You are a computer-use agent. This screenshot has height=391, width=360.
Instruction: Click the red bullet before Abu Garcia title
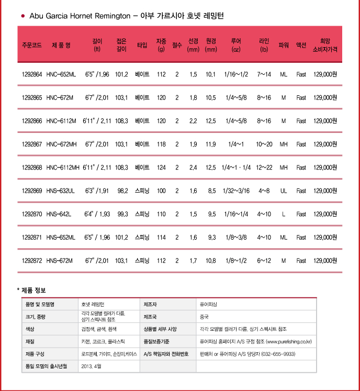(x=22, y=16)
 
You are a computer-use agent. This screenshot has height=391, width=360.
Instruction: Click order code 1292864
(x=32, y=74)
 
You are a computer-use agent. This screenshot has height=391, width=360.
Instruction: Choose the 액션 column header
(x=301, y=46)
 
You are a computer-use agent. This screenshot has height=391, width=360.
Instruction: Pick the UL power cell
(x=284, y=191)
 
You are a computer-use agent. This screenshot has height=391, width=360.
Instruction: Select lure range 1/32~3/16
(x=236, y=191)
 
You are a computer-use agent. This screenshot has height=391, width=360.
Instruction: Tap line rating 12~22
(x=264, y=167)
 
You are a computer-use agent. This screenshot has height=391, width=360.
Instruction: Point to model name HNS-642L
(x=59, y=214)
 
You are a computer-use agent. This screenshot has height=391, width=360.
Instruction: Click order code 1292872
(x=32, y=261)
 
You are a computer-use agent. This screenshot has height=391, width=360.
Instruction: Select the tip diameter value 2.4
(x=193, y=167)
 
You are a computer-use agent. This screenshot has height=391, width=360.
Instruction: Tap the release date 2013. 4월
(x=91, y=366)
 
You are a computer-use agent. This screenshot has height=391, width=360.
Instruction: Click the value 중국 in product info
(x=204, y=317)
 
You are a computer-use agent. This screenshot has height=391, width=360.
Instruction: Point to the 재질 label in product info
(x=30, y=341)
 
